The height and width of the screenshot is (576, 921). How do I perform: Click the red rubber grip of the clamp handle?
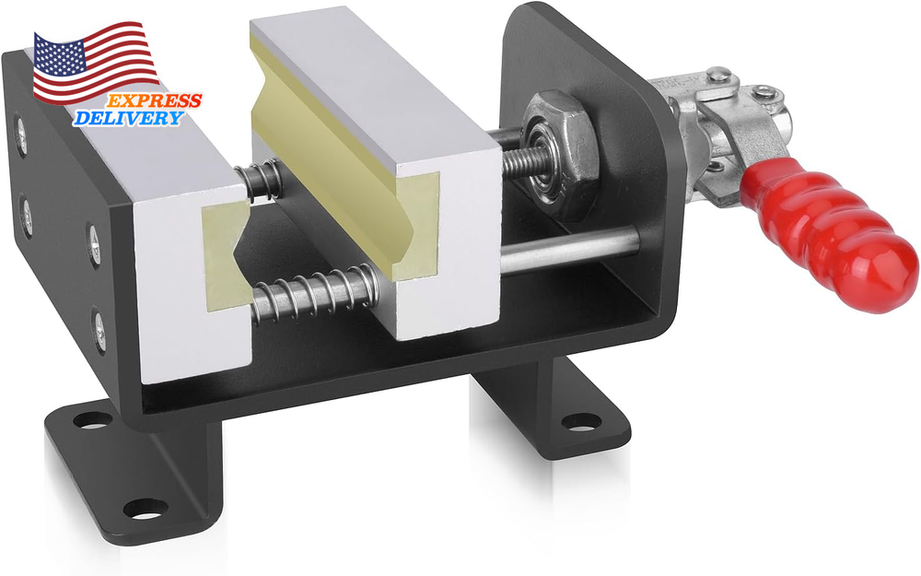pyautogui.click(x=829, y=240)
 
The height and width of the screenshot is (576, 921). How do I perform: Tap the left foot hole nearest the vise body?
pyautogui.click(x=91, y=420)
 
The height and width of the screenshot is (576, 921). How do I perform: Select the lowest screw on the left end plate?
pyautogui.click(x=99, y=323)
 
